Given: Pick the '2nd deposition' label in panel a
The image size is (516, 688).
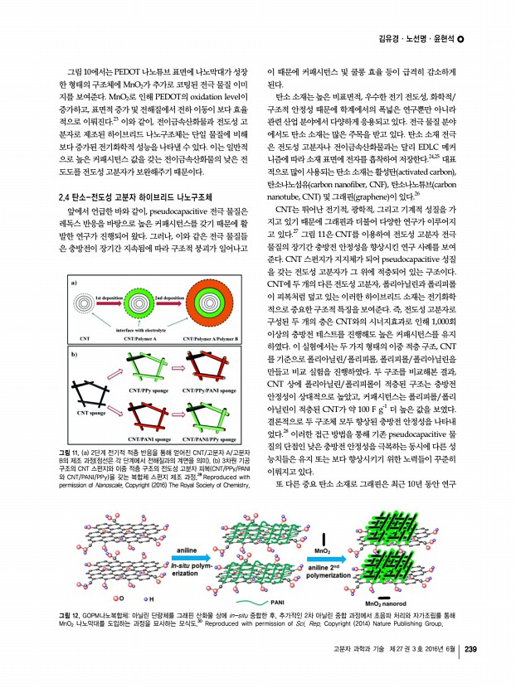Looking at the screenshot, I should pos(169,296).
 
